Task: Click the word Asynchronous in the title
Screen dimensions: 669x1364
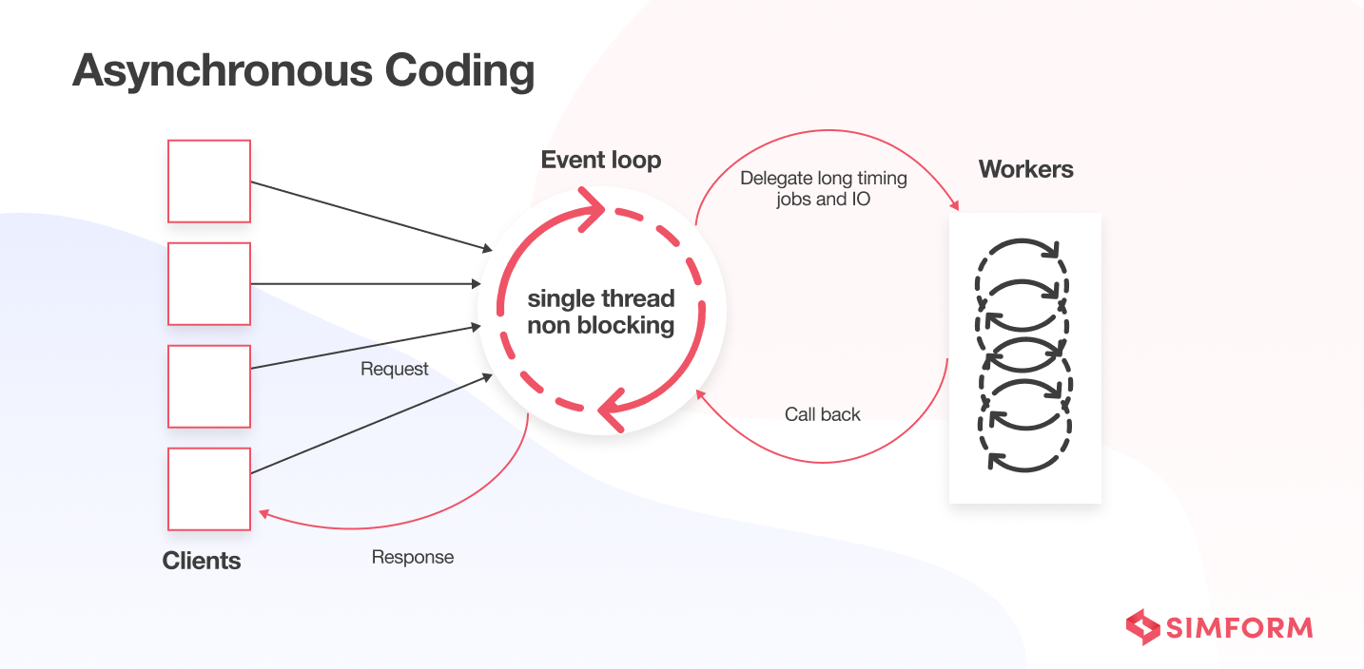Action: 220,71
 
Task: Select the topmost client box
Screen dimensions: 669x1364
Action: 209,182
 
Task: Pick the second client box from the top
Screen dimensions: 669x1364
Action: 209,284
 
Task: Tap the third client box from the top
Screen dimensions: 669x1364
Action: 209,387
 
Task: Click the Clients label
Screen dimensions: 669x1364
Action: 202,561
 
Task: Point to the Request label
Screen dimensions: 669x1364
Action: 395,369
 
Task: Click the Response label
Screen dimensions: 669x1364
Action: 413,557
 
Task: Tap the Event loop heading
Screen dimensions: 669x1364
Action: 601,160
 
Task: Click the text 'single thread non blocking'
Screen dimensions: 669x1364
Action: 601,312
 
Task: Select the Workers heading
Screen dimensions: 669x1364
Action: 1026,170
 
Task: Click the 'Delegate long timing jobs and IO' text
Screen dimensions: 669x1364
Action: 824,188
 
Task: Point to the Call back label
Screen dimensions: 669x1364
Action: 823,414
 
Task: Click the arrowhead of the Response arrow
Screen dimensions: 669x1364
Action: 263,513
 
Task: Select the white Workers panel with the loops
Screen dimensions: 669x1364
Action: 1024,357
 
